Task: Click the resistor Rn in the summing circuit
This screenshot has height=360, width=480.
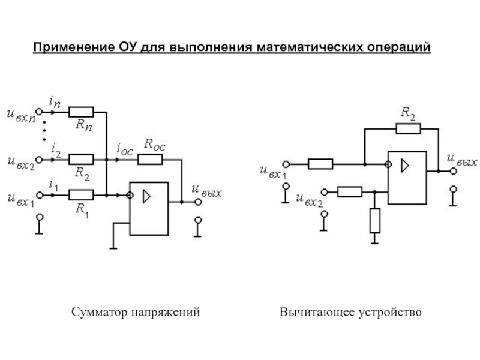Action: point(81,112)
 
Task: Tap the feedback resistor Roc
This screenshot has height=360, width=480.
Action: point(150,159)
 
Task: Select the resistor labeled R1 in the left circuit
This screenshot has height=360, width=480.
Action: point(81,194)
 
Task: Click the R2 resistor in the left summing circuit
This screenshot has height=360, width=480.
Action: point(81,159)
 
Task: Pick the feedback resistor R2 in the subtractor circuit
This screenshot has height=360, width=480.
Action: point(408,127)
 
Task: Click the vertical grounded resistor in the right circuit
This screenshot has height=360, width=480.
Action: point(375,220)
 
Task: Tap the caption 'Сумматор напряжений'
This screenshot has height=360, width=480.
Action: point(135,313)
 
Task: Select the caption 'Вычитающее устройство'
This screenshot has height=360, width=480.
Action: point(351,313)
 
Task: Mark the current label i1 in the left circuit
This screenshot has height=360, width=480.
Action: point(54,184)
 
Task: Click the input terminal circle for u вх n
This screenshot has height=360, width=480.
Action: point(39,112)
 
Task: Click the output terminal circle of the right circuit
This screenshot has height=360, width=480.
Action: point(454,171)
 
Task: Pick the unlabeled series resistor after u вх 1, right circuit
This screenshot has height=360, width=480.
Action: point(320,163)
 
